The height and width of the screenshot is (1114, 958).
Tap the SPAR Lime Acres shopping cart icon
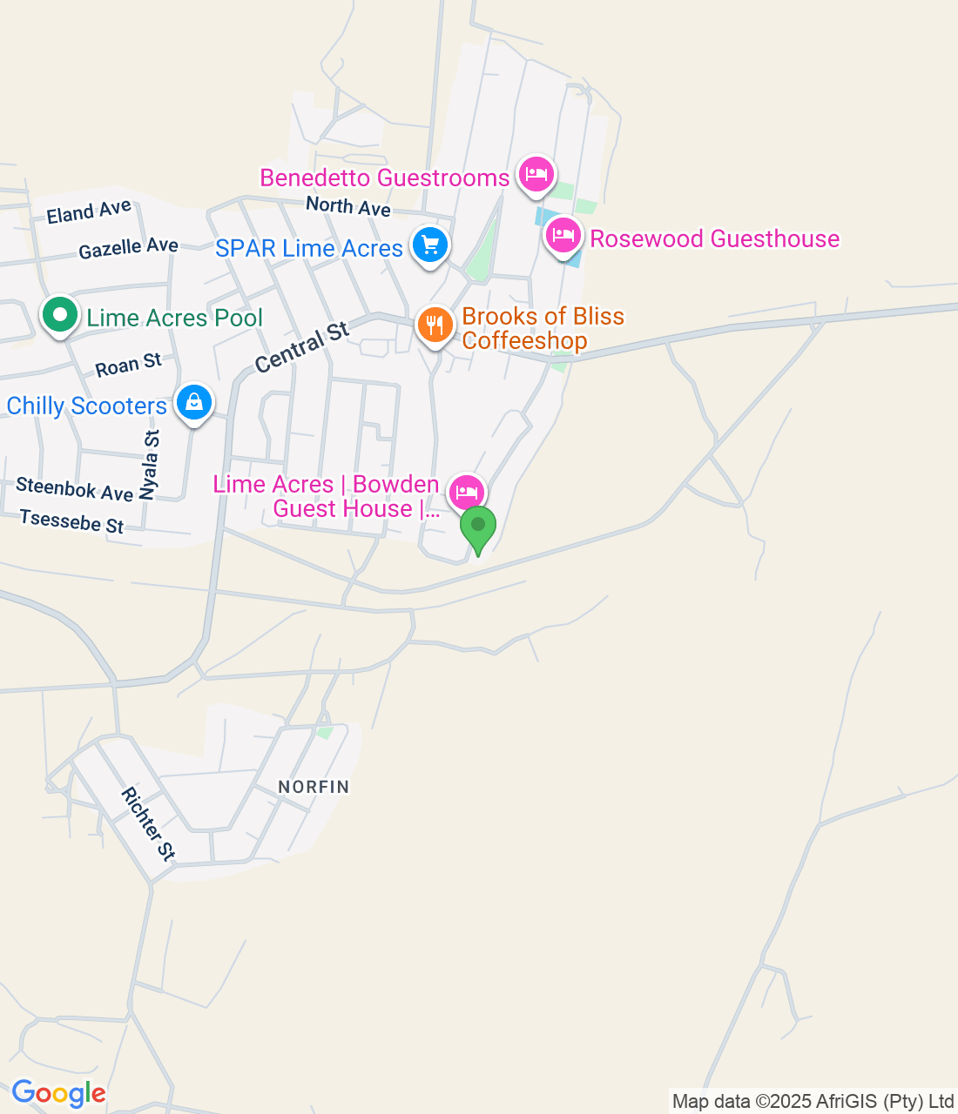coord(429,245)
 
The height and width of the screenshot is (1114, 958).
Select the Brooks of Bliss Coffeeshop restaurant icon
coord(435,325)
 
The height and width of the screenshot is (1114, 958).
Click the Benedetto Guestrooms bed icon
coord(536,175)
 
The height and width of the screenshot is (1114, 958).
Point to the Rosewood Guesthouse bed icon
coord(563,235)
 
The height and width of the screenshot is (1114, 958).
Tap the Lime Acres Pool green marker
coord(59,315)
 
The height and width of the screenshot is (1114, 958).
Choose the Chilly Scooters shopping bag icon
coord(194,403)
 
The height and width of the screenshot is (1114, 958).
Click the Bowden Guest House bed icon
coord(467,493)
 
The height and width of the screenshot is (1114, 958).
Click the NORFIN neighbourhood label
coord(314,787)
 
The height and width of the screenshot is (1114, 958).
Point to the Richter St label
coord(149,823)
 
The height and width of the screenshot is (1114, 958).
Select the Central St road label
coord(302,347)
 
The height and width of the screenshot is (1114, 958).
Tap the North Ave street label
coord(348,206)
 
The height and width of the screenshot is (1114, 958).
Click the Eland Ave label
coord(89,211)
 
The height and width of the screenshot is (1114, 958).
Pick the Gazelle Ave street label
coord(128,249)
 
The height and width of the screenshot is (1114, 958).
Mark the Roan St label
coord(129,366)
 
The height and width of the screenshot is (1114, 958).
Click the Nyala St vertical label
coord(151,465)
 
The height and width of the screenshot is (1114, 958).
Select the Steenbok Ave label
coord(75,489)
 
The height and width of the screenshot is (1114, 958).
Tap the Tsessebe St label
coord(72,522)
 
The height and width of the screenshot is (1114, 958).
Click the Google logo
coord(58,1093)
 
